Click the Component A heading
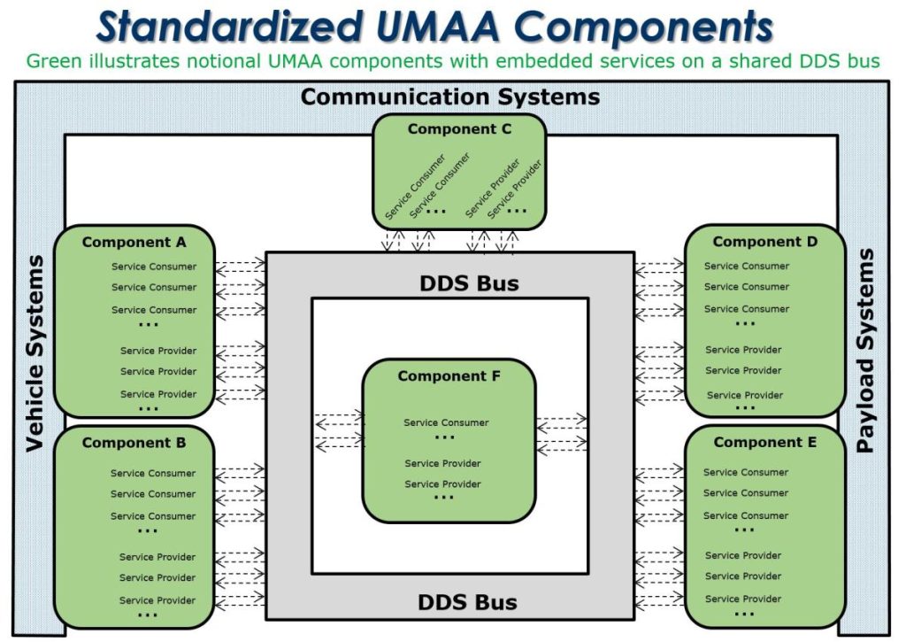134,243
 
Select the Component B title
134,443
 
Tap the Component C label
459,129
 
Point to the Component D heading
765,242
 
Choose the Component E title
765,443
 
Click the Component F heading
449,376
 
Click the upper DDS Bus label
469,283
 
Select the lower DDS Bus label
467,603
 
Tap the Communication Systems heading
450,97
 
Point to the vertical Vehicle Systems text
35,353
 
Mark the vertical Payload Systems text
865,351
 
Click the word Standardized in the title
230,27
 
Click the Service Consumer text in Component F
446,422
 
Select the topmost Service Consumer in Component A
154,267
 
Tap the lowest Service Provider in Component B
157,600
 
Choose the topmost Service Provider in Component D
743,350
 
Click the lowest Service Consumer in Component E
745,516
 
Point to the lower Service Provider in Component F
442,484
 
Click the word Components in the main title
643,27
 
